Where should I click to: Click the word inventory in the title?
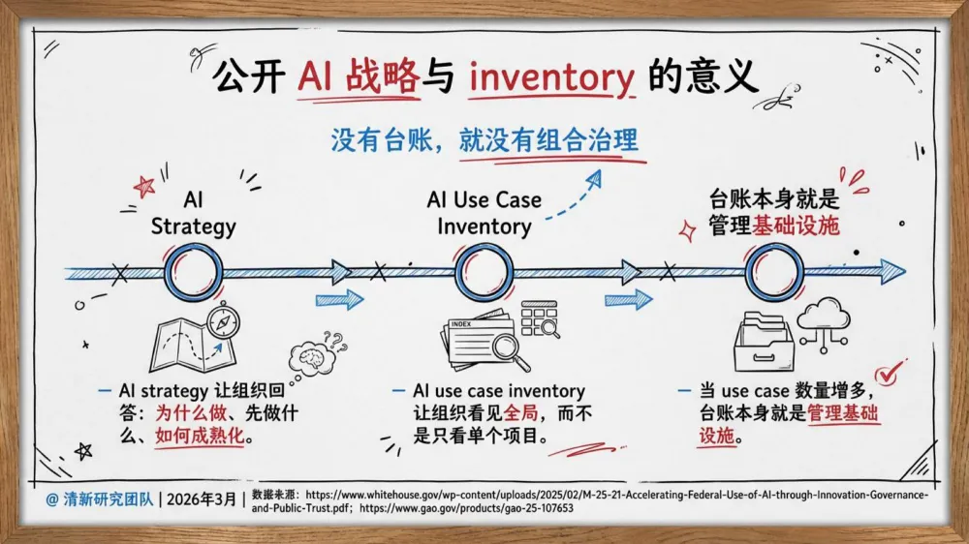click(x=551, y=76)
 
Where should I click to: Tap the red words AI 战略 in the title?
click(x=359, y=76)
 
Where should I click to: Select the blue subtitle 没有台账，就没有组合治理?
click(x=484, y=140)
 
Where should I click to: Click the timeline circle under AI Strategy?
click(x=193, y=272)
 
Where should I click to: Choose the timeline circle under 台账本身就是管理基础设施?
click(x=773, y=272)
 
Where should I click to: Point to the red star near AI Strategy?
click(x=145, y=186)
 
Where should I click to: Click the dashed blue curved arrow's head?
click(x=595, y=177)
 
